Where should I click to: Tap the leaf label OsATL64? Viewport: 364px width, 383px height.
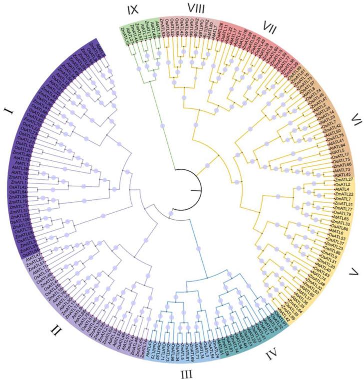click(19, 192)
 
